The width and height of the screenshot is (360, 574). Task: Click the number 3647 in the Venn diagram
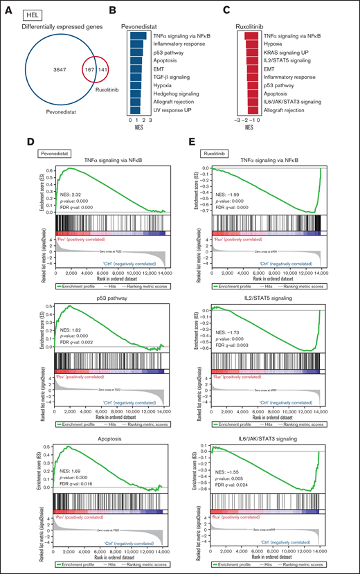click(48, 70)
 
